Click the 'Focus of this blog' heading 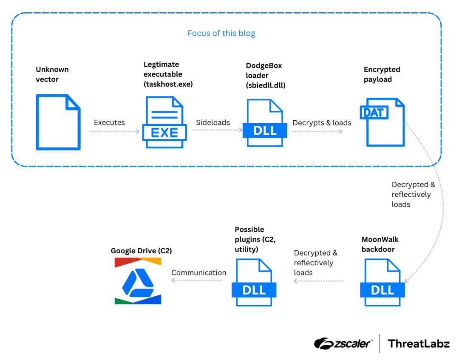pyautogui.click(x=221, y=33)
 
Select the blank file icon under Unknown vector pyautogui.click(x=58, y=122)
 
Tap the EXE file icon pyautogui.click(x=164, y=122)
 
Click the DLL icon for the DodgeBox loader pyautogui.click(x=265, y=123)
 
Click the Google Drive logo pyautogui.click(x=138, y=281)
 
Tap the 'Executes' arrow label pyautogui.click(x=109, y=122)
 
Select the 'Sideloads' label pyautogui.click(x=213, y=122)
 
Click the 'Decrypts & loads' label pyautogui.click(x=322, y=123)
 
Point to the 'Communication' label pyautogui.click(x=199, y=272)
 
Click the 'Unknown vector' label pyautogui.click(x=52, y=74)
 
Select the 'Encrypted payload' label pyautogui.click(x=382, y=74)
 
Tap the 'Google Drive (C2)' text pyautogui.click(x=141, y=251)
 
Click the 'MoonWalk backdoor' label pyautogui.click(x=380, y=244)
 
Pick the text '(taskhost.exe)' pyautogui.click(x=168, y=84)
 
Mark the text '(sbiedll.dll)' pyautogui.click(x=266, y=85)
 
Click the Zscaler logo pyautogui.click(x=343, y=343)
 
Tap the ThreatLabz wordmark pyautogui.click(x=419, y=343)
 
